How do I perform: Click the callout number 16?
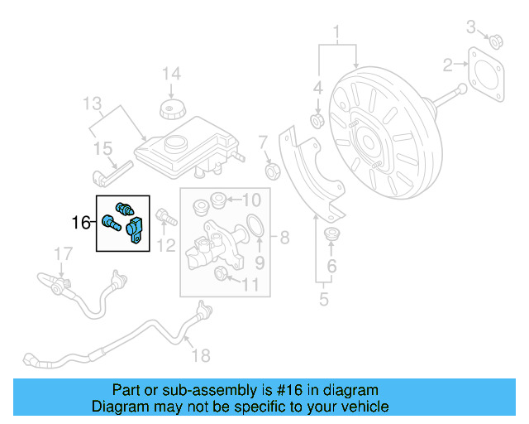tap(81, 222)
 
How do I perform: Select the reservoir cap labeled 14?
tap(170, 110)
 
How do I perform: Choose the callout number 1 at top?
tap(337, 33)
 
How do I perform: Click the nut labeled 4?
tap(316, 123)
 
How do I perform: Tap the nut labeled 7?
tap(269, 171)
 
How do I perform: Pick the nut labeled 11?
tap(221, 274)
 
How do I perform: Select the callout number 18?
tap(201, 355)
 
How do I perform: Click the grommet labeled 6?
tap(332, 234)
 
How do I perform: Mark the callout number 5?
tap(324, 298)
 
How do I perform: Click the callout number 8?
tap(284, 238)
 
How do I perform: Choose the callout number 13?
tap(92, 103)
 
